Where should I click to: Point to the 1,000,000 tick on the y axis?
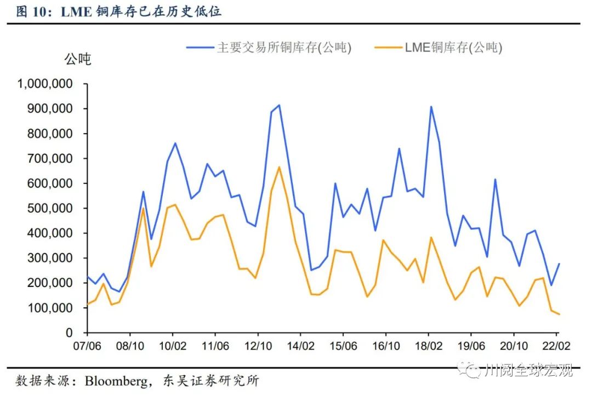pos(46,84)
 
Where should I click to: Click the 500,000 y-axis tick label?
pos(50,208)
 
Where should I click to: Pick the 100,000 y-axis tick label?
pos(50,308)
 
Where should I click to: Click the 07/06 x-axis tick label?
pos(87,347)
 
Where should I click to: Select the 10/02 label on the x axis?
pos(173,347)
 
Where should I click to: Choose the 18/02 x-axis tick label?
pos(429,347)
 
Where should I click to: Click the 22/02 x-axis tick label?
pos(556,347)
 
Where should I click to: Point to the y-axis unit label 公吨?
pos(78,59)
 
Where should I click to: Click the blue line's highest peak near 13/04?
pos(279,105)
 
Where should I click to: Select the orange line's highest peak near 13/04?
pos(279,167)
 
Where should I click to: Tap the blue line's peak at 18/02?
pos(431,107)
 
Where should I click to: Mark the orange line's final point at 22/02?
pos(559,314)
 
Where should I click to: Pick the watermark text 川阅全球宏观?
pos(529,371)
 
